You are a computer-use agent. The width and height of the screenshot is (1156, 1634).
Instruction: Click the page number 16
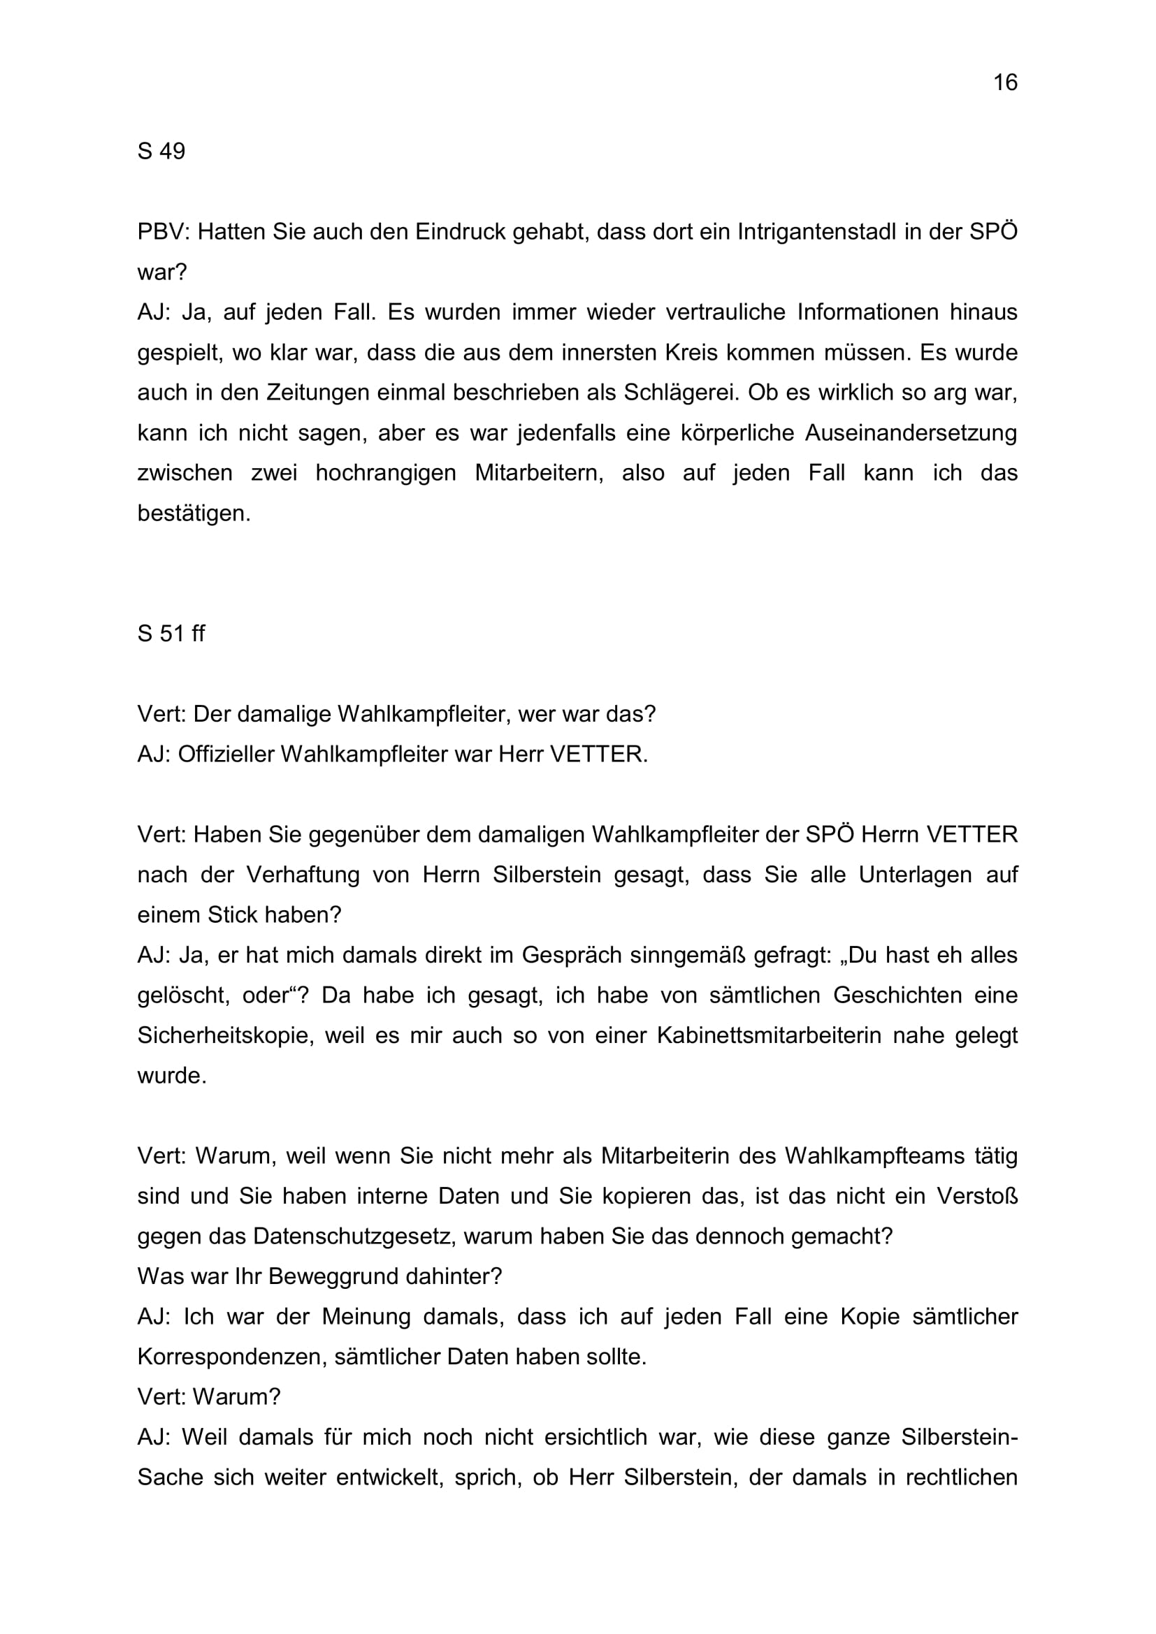coord(1005,82)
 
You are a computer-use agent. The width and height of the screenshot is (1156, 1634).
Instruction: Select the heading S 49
coord(161,151)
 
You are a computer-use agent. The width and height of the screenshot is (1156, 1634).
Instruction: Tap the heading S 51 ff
coord(171,633)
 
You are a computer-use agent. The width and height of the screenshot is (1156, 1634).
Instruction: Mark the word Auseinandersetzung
coord(911,432)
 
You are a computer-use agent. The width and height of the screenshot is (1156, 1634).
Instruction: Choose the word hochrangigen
coord(386,473)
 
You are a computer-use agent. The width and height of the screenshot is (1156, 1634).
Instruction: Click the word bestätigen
coord(194,513)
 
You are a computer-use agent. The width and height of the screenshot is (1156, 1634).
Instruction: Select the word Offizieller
coord(225,754)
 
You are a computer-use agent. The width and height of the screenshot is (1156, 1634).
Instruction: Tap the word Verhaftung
coord(303,874)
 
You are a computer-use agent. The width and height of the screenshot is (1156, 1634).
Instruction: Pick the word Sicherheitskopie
coord(226,1035)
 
